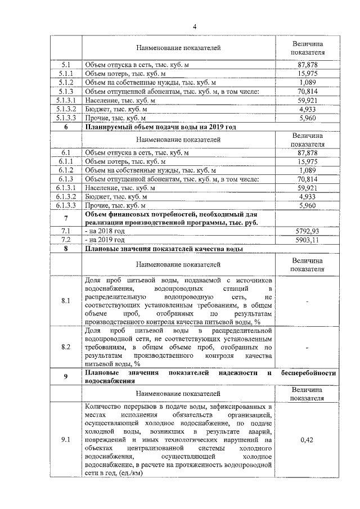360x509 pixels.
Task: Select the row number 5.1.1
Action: pyautogui.click(x=66, y=74)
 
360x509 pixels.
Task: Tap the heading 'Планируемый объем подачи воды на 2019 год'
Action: pyautogui.click(x=160, y=127)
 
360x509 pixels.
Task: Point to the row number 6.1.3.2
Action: pyautogui.click(x=66, y=197)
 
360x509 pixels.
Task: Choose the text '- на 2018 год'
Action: pyautogui.click(x=105, y=231)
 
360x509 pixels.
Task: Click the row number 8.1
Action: pyautogui.click(x=66, y=301)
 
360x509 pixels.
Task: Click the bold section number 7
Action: pyautogui.click(x=66, y=218)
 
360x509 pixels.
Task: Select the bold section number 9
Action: pyautogui.click(x=66, y=376)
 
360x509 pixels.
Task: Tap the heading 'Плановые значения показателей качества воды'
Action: pyautogui.click(x=164, y=248)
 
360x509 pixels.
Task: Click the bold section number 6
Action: pyautogui.click(x=66, y=127)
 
